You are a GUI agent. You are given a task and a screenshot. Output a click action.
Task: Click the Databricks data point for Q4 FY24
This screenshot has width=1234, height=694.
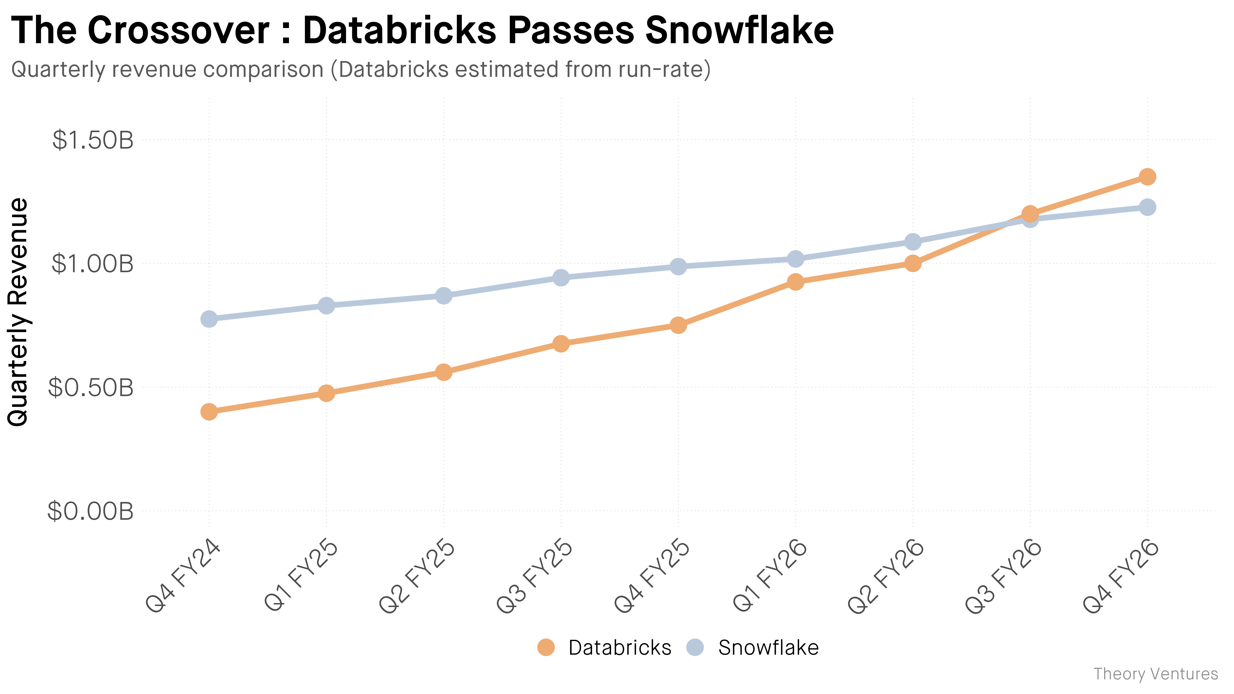(x=209, y=412)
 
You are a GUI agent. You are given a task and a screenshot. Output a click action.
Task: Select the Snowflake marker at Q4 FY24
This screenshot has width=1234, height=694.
(x=209, y=319)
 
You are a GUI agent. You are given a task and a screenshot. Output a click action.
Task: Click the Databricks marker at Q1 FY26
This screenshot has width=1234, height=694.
(x=795, y=282)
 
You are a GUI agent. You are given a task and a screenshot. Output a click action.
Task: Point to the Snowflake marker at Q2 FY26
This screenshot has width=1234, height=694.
(x=913, y=242)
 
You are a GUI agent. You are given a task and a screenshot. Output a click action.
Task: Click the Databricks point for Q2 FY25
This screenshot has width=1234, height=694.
(x=443, y=372)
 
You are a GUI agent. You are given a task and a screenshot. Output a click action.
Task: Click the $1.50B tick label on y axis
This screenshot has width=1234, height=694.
(x=93, y=140)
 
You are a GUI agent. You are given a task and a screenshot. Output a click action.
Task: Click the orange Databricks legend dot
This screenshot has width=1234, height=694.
(x=546, y=647)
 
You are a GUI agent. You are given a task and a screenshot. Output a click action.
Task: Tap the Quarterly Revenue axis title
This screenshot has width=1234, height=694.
(x=18, y=311)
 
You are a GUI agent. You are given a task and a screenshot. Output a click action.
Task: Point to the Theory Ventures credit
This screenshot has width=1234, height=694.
(x=1155, y=674)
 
